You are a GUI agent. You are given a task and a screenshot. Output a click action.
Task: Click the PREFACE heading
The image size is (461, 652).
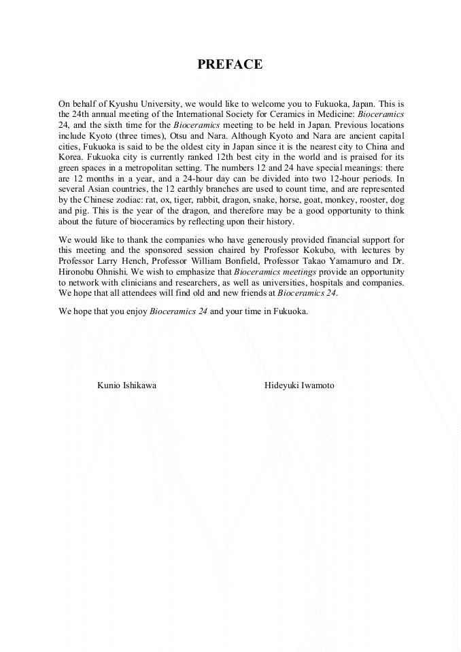pos(230,65)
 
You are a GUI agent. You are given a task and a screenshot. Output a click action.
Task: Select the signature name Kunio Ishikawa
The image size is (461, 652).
pos(126,385)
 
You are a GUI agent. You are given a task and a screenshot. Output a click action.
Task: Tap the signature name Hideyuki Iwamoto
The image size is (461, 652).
pos(299,385)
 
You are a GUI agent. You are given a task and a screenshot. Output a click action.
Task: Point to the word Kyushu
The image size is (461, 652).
pos(119,104)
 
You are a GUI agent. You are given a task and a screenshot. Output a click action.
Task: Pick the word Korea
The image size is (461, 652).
pos(71,158)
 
